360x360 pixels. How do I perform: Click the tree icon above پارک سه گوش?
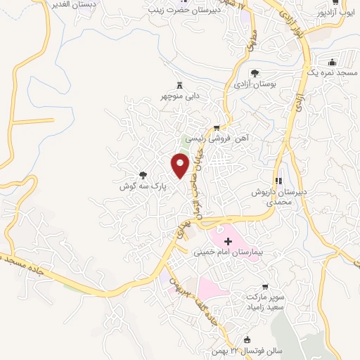point(143,175)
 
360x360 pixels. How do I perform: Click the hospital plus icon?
point(227,241)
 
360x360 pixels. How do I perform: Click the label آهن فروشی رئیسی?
point(223,139)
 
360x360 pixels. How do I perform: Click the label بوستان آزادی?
point(255,84)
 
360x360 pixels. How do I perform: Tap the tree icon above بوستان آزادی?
point(255,72)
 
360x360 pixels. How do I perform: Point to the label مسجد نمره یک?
point(334,73)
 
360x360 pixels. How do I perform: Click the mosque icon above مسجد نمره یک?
point(334,61)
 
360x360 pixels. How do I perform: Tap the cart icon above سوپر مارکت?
point(264,286)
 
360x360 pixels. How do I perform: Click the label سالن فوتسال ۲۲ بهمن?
point(243,350)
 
